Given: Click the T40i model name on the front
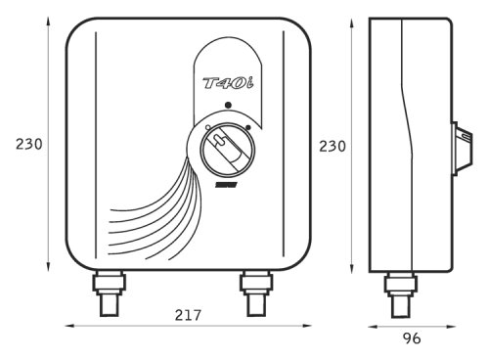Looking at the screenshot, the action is [228, 83].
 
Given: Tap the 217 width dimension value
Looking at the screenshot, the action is [188, 315].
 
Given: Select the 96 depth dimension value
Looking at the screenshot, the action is [412, 338].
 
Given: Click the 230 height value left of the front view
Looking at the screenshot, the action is [29, 144].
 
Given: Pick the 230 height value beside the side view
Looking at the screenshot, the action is [333, 147].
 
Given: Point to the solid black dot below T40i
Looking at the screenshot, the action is [229, 105].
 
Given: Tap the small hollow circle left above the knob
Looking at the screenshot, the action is [208, 127].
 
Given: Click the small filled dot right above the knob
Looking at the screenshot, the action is [248, 127].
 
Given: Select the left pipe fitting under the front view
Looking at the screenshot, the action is [110, 292].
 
